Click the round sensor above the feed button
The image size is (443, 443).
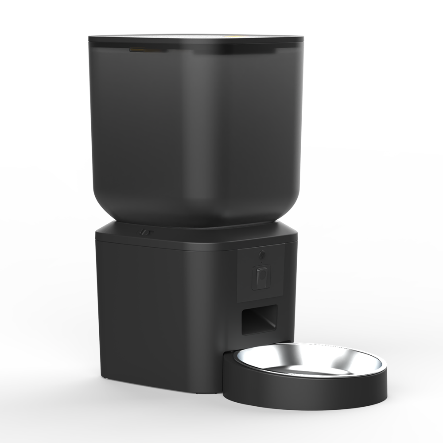pyautogui.click(x=261, y=255)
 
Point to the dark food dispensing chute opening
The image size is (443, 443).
pyautogui.click(x=259, y=320)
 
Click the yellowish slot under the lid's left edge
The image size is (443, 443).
pyautogui.click(x=138, y=50)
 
